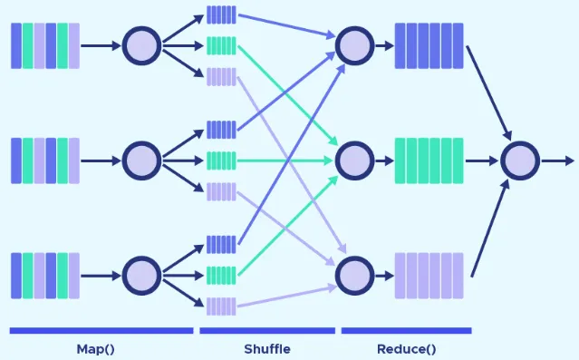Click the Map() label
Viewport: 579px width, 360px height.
[x=97, y=348]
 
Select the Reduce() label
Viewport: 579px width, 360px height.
[x=405, y=348]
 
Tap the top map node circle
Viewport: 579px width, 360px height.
[x=141, y=44]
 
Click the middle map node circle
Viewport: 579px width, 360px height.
[x=141, y=161]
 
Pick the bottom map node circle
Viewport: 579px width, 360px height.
[x=141, y=275]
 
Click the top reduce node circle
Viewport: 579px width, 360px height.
[x=354, y=44]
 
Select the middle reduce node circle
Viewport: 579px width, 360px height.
[x=354, y=161]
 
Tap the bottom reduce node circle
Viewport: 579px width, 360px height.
[x=354, y=275]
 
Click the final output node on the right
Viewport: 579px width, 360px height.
[x=520, y=161]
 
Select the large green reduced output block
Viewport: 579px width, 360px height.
[x=429, y=161]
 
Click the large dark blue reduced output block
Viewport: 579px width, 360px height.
[x=429, y=45]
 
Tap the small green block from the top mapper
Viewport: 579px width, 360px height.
[x=221, y=44]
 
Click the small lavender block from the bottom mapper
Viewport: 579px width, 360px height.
[x=221, y=305]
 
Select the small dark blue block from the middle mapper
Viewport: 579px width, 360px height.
[x=221, y=130]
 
